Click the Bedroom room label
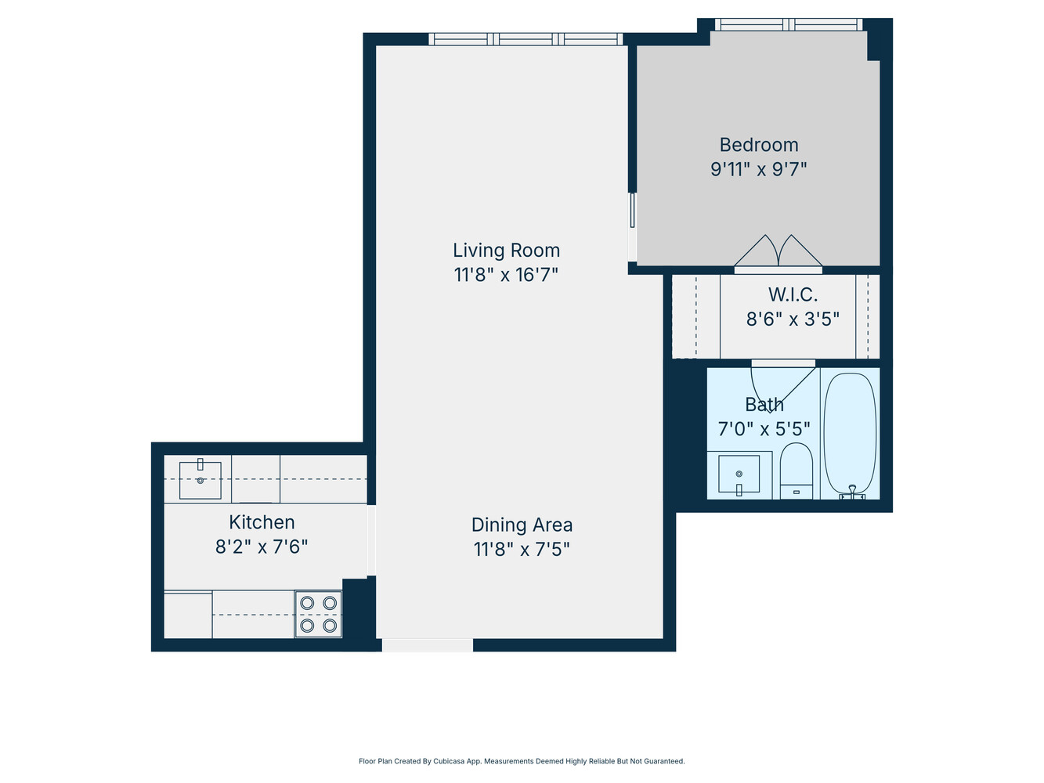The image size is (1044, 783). click(759, 145)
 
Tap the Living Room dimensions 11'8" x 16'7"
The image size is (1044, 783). click(506, 275)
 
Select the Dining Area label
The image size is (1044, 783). click(522, 525)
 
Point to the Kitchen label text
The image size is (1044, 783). click(262, 522)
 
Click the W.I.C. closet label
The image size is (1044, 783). click(793, 295)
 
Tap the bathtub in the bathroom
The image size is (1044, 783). click(850, 432)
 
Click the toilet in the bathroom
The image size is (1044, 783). click(797, 470)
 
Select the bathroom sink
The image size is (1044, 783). click(739, 474)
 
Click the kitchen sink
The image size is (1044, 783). click(200, 480)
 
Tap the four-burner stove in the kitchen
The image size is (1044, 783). click(319, 614)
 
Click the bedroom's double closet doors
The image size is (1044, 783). click(778, 252)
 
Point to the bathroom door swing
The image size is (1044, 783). click(775, 384)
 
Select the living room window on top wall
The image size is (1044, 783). click(526, 39)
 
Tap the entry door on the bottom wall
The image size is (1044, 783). click(428, 645)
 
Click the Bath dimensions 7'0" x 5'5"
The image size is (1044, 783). click(764, 429)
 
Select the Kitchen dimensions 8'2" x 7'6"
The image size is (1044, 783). click(262, 547)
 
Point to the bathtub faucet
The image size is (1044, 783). click(852, 492)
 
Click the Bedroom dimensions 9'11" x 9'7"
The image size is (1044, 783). click(758, 169)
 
